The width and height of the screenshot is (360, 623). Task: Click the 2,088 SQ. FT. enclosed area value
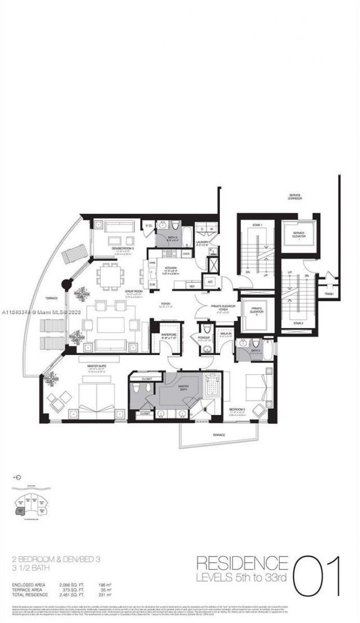(71, 585)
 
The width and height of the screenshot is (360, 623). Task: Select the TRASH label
(329, 294)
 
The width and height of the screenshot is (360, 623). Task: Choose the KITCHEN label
(168, 268)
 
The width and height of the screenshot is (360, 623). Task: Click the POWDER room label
(203, 338)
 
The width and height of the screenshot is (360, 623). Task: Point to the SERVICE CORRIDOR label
(294, 197)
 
